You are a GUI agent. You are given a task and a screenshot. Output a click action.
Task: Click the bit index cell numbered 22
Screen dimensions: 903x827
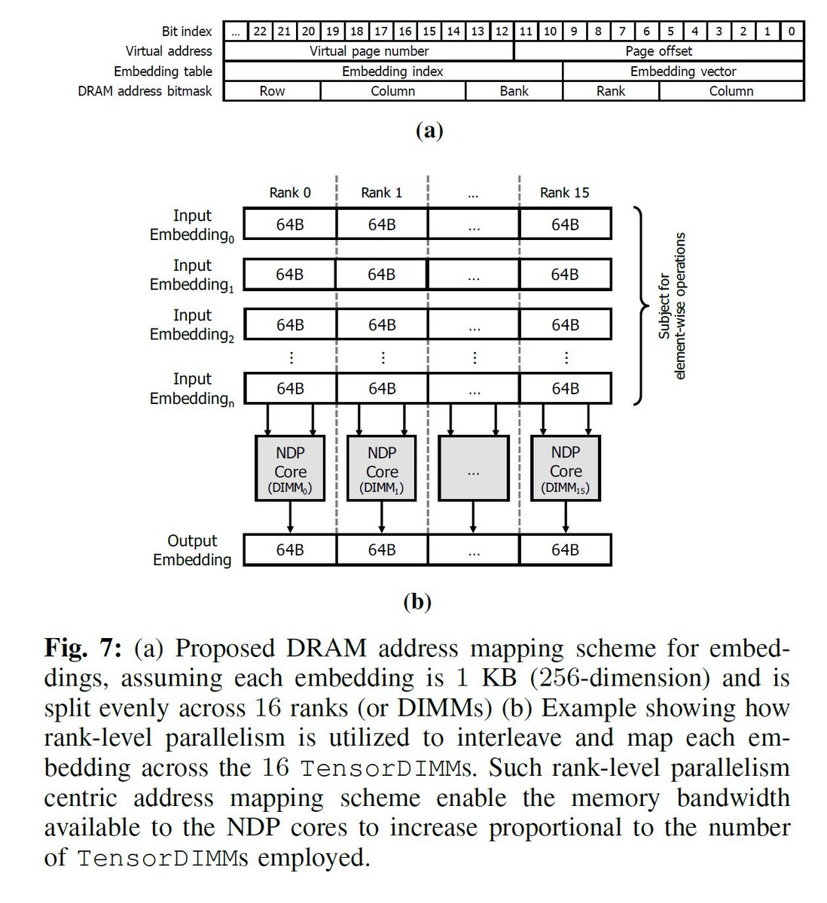tap(260, 31)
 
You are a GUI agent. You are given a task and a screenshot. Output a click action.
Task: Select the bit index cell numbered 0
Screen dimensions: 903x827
tap(792, 31)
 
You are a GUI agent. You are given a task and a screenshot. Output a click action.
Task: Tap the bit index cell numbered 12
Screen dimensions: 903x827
tap(502, 31)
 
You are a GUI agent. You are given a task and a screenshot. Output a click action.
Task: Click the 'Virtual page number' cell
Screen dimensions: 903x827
tap(369, 51)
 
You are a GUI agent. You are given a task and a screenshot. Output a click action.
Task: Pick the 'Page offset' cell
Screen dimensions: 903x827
tap(659, 51)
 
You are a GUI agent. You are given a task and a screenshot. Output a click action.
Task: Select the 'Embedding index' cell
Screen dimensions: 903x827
tap(392, 71)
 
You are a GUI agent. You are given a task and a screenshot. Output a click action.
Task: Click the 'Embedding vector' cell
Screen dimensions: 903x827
tap(683, 71)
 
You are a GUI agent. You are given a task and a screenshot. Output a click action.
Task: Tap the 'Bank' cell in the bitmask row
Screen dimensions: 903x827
tap(514, 91)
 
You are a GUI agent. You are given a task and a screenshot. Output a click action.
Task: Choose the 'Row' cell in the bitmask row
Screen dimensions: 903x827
tap(272, 91)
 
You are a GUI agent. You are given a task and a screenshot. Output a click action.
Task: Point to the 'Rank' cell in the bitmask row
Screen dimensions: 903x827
tap(611, 91)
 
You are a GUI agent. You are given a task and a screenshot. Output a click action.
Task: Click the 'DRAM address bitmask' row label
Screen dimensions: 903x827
tap(145, 91)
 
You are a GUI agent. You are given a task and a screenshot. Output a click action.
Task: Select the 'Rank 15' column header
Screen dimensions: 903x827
tap(565, 193)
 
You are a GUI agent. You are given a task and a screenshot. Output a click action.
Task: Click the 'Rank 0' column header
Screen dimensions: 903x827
tap(290, 193)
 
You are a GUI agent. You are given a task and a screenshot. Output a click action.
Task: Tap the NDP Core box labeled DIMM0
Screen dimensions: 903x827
tap(290, 468)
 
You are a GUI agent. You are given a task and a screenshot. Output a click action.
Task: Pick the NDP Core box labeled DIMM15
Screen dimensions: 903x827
tap(565, 468)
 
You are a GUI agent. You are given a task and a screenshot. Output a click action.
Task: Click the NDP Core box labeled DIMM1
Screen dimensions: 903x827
tap(382, 468)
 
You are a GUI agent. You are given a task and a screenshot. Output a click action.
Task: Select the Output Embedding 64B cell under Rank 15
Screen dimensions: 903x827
tap(565, 550)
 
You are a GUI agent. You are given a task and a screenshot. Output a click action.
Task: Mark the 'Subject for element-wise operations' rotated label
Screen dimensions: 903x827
tap(672, 306)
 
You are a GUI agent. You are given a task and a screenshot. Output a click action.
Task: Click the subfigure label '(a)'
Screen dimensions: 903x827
tap(429, 130)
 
